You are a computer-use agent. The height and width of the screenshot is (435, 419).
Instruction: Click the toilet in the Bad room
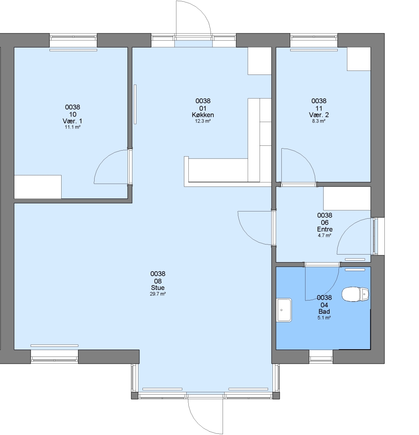click(x=355, y=294)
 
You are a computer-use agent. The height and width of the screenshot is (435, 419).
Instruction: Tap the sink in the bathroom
click(x=284, y=310)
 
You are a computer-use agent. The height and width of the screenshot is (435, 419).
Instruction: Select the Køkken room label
click(x=203, y=115)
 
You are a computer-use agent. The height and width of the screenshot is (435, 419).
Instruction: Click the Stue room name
click(x=158, y=288)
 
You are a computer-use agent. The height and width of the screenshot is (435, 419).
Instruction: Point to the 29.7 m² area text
click(x=158, y=294)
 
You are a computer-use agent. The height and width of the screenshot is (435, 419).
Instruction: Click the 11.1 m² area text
click(x=73, y=127)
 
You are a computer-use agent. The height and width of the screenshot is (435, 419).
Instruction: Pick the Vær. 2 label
click(x=319, y=115)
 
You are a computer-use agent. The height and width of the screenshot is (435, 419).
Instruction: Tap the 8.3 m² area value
click(x=319, y=121)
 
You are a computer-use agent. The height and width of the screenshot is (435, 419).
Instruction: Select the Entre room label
click(x=325, y=230)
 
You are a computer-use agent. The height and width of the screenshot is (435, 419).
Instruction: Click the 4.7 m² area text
click(x=325, y=236)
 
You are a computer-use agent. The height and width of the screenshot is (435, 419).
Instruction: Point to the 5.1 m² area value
click(x=324, y=318)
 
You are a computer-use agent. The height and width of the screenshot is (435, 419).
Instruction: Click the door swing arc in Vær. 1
click(x=104, y=159)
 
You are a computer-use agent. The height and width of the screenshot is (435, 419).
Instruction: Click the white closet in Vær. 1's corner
click(x=38, y=187)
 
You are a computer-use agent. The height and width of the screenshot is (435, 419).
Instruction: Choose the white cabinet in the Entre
click(x=347, y=198)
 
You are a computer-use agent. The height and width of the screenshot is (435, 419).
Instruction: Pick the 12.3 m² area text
click(x=203, y=121)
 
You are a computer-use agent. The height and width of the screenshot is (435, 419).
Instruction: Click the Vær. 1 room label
click(x=73, y=121)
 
